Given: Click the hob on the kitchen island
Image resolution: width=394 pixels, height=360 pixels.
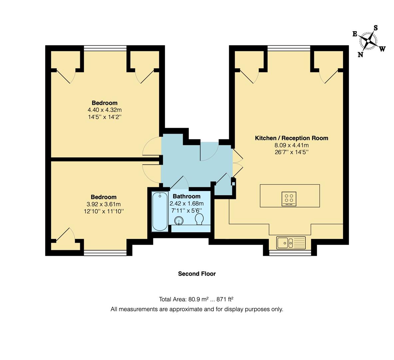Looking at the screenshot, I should (x=289, y=199).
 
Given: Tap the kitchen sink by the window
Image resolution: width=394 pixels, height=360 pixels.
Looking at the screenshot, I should (x=290, y=243).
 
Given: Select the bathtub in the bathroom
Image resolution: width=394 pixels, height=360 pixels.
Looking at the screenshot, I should (x=160, y=211).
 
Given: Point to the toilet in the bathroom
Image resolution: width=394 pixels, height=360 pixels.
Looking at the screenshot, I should (x=199, y=219).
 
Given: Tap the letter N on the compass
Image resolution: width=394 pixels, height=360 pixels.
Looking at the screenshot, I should (x=360, y=55).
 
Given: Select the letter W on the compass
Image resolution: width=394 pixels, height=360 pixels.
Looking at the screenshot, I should (x=382, y=49).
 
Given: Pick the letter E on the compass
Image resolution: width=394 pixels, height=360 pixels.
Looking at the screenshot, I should (x=355, y=34).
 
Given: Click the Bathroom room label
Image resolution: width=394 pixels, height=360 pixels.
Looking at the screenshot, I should (x=187, y=196).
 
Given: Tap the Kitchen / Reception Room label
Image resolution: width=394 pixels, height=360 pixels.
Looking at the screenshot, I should (x=291, y=138).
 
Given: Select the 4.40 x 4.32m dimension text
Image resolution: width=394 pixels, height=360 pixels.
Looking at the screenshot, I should (x=105, y=110).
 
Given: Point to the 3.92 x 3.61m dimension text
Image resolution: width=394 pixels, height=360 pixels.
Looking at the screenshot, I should (x=104, y=204).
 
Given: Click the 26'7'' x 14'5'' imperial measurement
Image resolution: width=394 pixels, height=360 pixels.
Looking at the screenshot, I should (x=291, y=152).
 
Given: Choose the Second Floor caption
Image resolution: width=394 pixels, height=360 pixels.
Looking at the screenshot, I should (x=197, y=274).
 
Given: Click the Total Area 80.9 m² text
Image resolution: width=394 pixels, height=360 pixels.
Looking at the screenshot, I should (x=198, y=299).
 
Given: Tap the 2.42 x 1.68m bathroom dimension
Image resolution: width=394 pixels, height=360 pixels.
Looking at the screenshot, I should (x=187, y=204).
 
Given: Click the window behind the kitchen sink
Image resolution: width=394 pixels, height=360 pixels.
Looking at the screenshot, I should (x=290, y=253).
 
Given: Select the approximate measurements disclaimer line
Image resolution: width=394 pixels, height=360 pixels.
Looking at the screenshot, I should (x=197, y=309).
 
